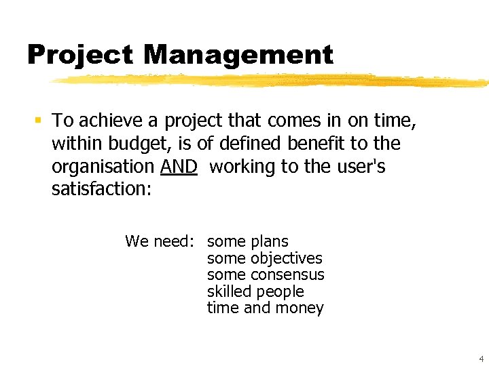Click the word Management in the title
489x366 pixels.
238,55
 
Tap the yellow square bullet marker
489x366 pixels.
38,121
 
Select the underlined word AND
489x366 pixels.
179,167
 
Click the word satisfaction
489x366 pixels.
101,189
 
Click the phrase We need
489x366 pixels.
160,241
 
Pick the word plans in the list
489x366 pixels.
270,241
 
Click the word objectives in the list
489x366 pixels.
287,258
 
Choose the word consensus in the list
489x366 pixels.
287,274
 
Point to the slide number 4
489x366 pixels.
480,359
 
